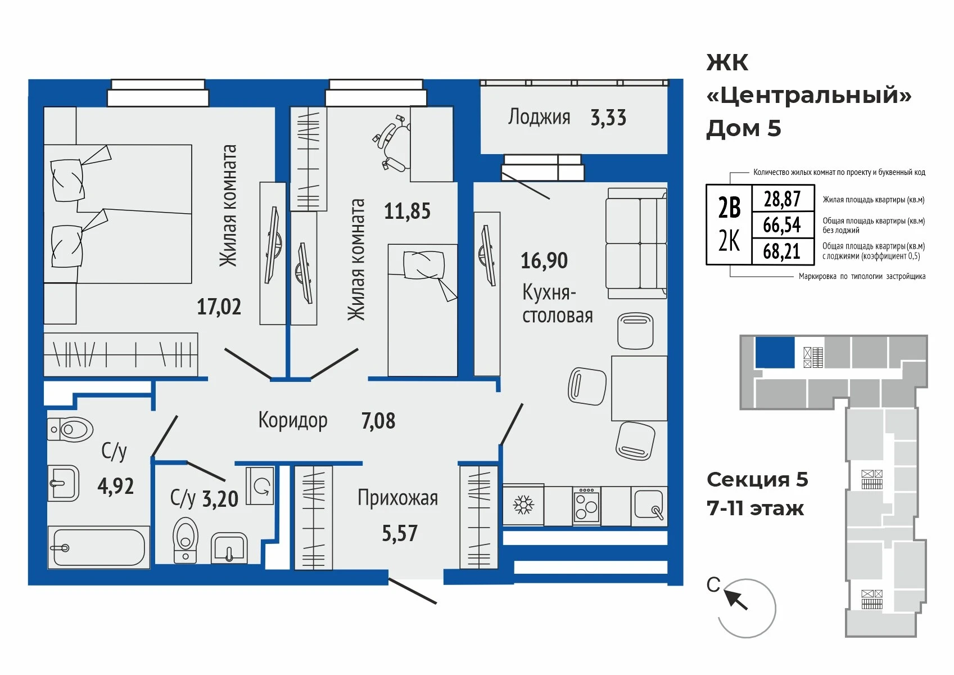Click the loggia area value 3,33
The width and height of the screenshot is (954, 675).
pos(608,118)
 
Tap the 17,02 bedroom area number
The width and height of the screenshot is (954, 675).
pos(219,307)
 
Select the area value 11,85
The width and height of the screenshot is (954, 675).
pos(407,211)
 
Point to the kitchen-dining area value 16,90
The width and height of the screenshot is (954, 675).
pos(544,260)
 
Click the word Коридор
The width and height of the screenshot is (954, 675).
pos(293,421)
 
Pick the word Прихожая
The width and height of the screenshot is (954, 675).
pos(398,498)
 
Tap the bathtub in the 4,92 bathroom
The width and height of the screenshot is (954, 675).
pos(98,547)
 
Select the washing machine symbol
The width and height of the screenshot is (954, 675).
pos(260,486)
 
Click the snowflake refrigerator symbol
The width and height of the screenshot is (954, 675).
pos(523,505)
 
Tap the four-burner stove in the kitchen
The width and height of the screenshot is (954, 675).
pos(586,506)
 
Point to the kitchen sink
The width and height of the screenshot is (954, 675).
pos(649,505)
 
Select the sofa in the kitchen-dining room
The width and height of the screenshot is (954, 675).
pos(636,244)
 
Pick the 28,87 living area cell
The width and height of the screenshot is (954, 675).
pos(783,199)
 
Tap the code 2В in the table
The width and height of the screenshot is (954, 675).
pos(730,208)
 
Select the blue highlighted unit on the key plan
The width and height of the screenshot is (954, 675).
pos(775,352)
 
